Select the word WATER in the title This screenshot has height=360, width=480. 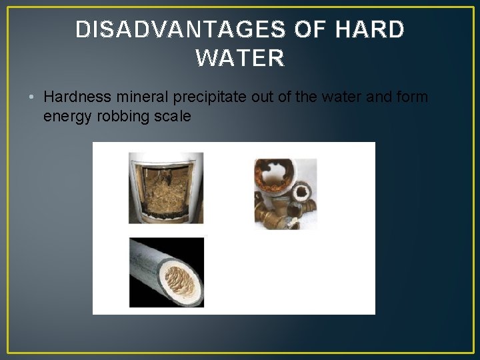[240, 59]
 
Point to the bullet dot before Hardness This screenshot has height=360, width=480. [32, 97]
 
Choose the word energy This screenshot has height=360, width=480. [65, 117]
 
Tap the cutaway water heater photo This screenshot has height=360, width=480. [165, 188]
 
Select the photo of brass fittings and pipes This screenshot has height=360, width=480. [285, 193]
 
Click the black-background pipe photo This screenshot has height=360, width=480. [166, 273]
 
